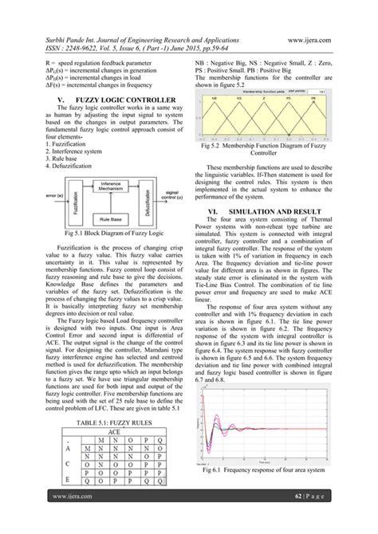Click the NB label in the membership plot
[x=215, y=96]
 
